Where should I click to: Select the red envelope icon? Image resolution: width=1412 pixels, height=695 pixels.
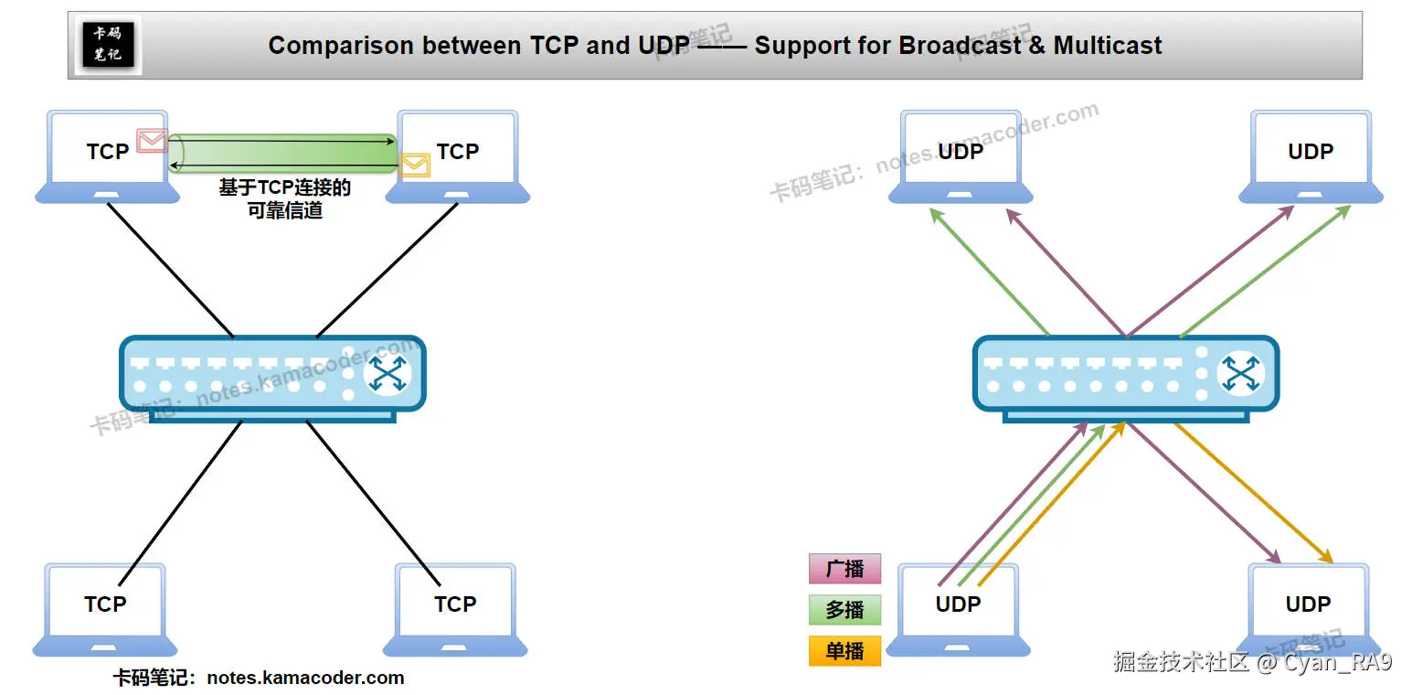[152, 140]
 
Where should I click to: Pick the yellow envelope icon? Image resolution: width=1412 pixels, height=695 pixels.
[414, 165]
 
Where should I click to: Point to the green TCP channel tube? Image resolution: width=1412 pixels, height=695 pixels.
[283, 152]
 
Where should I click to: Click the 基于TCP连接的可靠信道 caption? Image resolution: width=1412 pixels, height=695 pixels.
[284, 198]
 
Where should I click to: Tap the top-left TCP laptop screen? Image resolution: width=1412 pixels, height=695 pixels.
[107, 151]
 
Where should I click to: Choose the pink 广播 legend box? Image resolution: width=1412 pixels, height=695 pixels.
[844, 569]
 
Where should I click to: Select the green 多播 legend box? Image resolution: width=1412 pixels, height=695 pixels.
[844, 610]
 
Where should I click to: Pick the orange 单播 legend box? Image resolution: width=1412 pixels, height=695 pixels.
[844, 651]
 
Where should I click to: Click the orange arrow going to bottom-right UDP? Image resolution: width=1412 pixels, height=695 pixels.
[1252, 494]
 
